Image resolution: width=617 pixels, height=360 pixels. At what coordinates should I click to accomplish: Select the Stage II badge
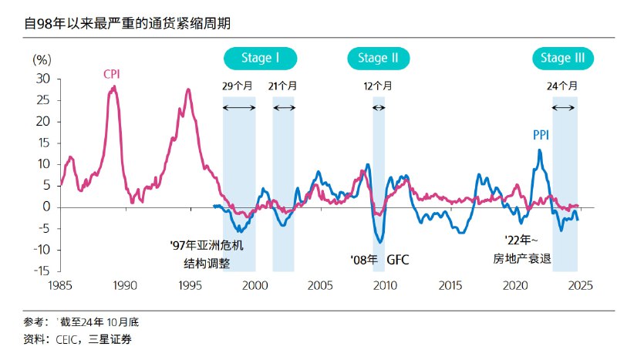point(378,58)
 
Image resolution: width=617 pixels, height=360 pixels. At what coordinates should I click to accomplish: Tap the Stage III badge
point(562,58)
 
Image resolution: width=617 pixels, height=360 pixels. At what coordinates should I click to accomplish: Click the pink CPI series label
point(112,74)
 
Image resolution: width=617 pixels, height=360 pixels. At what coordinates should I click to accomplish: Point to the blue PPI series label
point(541,135)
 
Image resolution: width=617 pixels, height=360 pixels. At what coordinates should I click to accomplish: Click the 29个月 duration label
point(239,86)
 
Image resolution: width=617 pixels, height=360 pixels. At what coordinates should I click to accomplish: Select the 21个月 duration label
point(283,86)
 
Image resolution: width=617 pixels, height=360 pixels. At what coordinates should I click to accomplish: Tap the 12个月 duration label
point(378,86)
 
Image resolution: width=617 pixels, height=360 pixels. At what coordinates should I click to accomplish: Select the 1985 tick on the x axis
point(60,285)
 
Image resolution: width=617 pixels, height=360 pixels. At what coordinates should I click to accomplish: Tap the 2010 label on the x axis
point(385,285)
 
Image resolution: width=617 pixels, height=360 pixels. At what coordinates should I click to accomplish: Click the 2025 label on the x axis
point(579,285)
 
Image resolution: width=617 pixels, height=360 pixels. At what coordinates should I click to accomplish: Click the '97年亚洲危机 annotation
point(206,245)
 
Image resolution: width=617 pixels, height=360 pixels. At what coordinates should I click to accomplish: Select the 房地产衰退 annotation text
point(522,259)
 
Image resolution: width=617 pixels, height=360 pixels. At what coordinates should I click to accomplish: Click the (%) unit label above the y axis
point(42,59)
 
